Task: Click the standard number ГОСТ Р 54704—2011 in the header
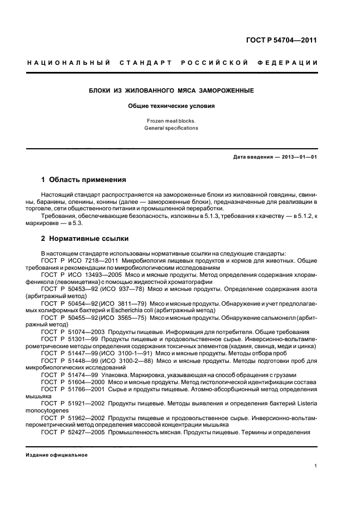click(282, 40)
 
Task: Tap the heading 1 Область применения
click(84, 179)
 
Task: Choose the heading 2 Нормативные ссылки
click(85, 238)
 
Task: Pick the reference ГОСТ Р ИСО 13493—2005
click(82, 275)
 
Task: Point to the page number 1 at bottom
click(316, 466)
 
